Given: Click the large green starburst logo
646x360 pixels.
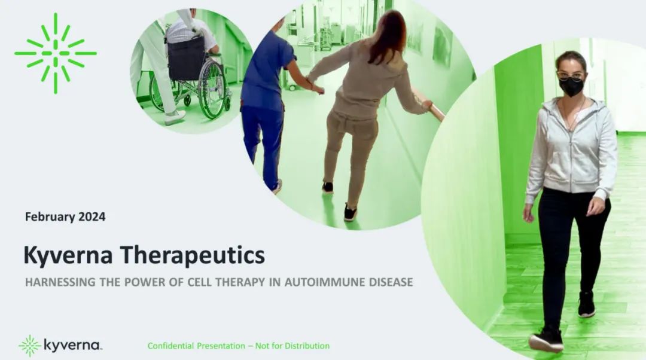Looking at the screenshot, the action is pos(56,53).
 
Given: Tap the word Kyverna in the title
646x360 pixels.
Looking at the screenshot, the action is pos(68,255).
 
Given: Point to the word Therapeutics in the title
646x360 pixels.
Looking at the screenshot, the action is pos(193,255).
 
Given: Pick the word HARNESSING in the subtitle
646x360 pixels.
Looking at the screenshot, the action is pos(60,282).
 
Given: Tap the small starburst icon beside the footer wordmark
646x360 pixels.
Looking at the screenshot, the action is pos(30,346).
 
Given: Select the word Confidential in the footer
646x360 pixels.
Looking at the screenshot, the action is pos(170,346).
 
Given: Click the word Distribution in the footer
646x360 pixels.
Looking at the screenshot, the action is pos(307,346).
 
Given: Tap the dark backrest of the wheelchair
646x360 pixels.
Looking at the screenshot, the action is pos(186,59).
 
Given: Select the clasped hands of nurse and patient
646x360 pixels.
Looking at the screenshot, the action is pos(317,87).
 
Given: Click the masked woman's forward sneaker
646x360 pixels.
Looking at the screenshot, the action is pos(546,340).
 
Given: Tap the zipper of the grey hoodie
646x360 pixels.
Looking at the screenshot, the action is pos(571,157).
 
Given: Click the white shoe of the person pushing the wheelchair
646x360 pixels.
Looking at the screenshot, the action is pos(175,118).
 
